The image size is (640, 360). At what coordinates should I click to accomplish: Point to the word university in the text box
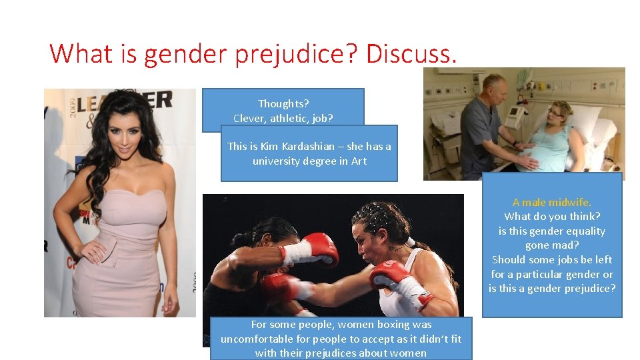[x=276, y=161]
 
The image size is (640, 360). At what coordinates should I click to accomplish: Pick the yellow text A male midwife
[x=552, y=202]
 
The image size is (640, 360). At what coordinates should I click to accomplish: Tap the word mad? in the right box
[x=565, y=245]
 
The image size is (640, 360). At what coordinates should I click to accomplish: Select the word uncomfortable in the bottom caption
[x=259, y=339]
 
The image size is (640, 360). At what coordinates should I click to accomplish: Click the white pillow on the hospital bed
[x=587, y=120]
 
